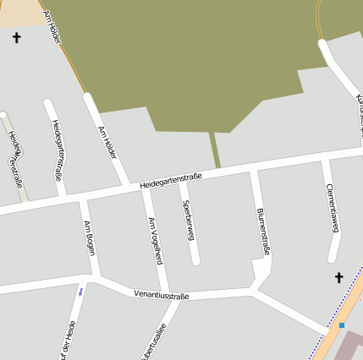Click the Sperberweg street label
[x=185, y=215]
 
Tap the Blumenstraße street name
[x=262, y=231]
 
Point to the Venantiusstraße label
[x=161, y=295]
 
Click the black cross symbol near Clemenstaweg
[x=339, y=277]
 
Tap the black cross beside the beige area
[x=16, y=37]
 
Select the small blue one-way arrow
[x=81, y=292]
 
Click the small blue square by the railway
[x=342, y=325]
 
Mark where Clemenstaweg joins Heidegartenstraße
[x=325, y=157]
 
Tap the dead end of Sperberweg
[x=195, y=260]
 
